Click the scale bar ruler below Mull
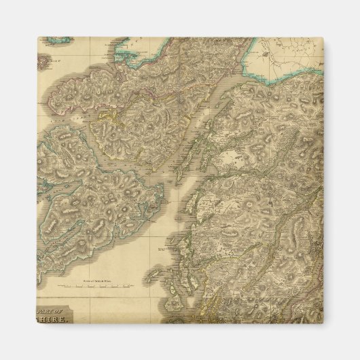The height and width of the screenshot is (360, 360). pos(102,287)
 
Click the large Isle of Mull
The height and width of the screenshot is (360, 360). pos(102,197)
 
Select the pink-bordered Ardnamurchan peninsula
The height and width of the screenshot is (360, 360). pos(88,95)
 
